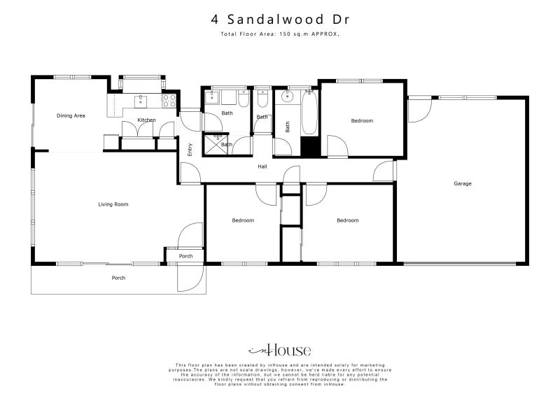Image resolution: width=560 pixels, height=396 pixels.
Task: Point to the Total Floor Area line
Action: pyautogui.click(x=279, y=34)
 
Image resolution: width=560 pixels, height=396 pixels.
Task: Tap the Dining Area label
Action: pyautogui.click(x=71, y=115)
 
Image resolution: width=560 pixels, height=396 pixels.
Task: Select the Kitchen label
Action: pyautogui.click(x=146, y=120)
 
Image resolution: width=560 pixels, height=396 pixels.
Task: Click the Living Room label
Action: pyautogui.click(x=113, y=204)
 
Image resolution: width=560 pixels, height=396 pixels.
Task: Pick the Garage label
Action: pyautogui.click(x=463, y=183)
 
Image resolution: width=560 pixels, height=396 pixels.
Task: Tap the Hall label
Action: pyautogui.click(x=262, y=167)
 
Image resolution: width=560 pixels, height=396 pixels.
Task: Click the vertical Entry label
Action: pyautogui.click(x=190, y=149)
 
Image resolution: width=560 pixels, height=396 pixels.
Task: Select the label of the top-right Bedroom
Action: pyautogui.click(x=362, y=120)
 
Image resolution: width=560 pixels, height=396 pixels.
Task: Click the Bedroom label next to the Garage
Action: pyautogui.click(x=347, y=220)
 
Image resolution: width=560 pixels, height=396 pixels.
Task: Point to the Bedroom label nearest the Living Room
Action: pyautogui.click(x=243, y=220)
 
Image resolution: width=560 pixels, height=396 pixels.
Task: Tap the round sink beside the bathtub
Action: pyautogui.click(x=286, y=97)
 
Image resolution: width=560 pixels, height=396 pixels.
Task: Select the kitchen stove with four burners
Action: pyautogui.click(x=169, y=101)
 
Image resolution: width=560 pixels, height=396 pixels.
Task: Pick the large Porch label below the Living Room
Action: pyautogui.click(x=119, y=278)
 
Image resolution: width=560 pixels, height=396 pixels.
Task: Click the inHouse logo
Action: pyautogui.click(x=279, y=351)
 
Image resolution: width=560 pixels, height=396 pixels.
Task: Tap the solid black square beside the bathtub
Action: pyautogui.click(x=309, y=147)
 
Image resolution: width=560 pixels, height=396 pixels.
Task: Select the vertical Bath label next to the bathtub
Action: pyautogui.click(x=287, y=127)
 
